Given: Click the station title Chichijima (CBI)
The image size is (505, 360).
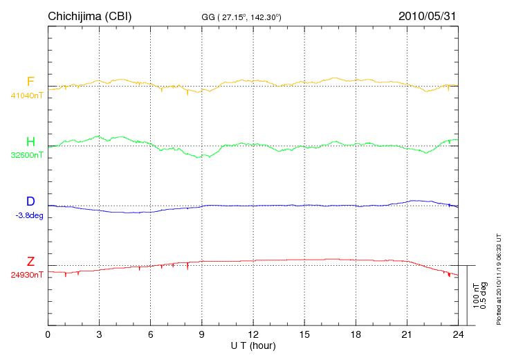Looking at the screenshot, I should coord(89,16).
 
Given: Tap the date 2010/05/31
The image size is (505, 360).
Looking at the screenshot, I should coord(428,16).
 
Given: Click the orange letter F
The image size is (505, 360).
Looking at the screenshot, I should coord(30,82).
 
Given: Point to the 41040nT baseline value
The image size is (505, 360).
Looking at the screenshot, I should coord(27,96).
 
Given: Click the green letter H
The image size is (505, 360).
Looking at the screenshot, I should coord(30,142).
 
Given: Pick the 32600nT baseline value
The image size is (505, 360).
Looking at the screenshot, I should coord(27,156).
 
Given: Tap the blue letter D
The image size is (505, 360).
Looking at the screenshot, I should coord(30,202).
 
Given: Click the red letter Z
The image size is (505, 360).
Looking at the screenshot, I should coord(30,262).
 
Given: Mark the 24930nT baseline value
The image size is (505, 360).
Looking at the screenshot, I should coord(27,275).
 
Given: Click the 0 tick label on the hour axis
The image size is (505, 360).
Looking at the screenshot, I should coord(48,335).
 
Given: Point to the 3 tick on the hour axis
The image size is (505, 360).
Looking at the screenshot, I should coord(99,335).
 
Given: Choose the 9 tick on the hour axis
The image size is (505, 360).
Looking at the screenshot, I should coord(201,335).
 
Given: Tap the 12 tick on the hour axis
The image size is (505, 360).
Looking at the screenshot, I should coord(253,335).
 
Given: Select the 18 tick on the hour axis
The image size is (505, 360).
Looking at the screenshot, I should coord(356,335).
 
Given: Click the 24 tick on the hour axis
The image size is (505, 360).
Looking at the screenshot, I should coord(458,335).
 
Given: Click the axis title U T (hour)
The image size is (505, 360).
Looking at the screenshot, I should coord(252,345).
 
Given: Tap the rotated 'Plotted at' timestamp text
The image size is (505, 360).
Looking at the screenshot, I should coord(498,277).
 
